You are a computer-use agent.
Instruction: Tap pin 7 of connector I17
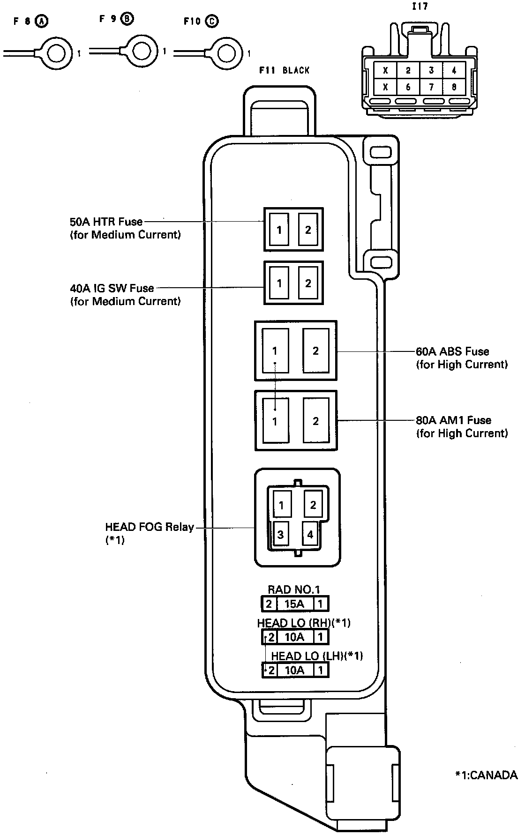[x=431, y=87]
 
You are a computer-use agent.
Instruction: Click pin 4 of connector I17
[x=454, y=71]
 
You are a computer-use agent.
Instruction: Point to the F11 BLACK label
[x=285, y=70]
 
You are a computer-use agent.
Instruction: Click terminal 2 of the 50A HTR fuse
[x=308, y=230]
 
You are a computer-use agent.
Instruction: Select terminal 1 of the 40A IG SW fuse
[x=279, y=283]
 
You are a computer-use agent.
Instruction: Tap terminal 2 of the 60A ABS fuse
[x=315, y=350]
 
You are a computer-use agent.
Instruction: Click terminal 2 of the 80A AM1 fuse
[x=315, y=421]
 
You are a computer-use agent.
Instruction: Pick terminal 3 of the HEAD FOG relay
[x=280, y=535]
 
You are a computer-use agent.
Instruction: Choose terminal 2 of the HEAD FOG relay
[x=313, y=505]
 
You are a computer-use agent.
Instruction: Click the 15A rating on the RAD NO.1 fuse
[x=294, y=604]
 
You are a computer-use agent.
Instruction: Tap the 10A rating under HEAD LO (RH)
[x=294, y=637]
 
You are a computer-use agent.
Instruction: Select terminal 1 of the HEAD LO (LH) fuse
[x=321, y=670]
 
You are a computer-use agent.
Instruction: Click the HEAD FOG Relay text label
[x=150, y=527]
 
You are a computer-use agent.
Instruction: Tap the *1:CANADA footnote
[x=487, y=775]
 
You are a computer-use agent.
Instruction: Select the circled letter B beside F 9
[x=127, y=19]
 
